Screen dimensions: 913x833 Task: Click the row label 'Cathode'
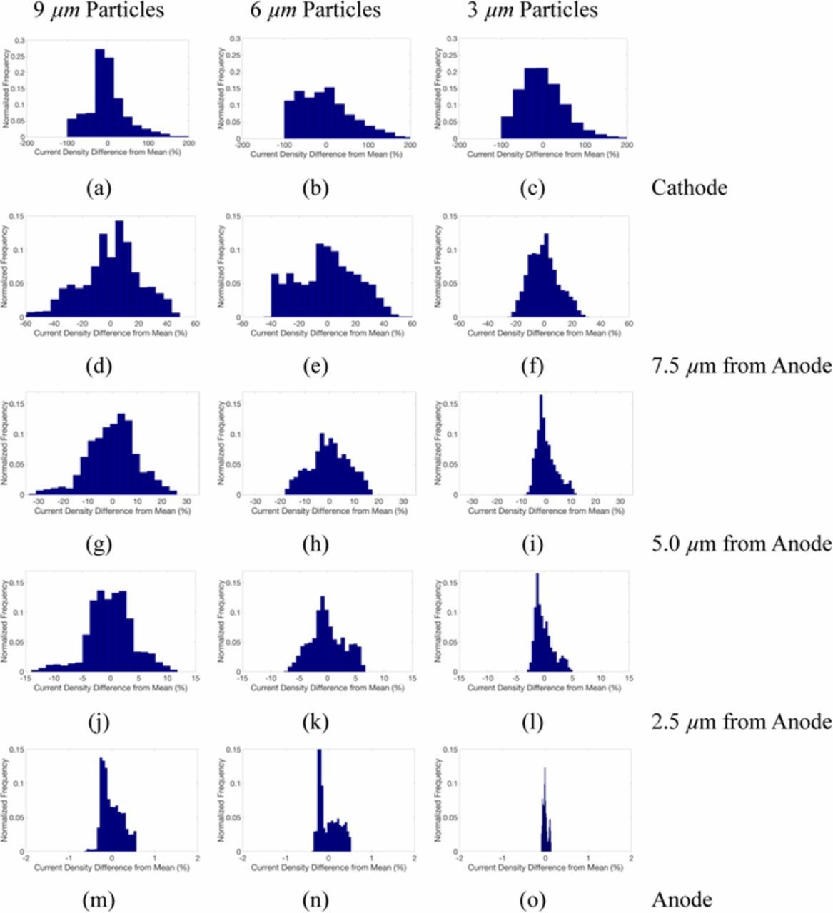(689, 188)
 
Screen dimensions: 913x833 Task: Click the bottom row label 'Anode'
(682, 899)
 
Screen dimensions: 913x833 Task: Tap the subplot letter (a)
(99, 188)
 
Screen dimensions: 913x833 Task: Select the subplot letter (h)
(315, 545)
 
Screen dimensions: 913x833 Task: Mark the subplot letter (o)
(532, 900)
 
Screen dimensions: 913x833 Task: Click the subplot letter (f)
(532, 367)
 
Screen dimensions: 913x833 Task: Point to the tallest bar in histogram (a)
(100, 93)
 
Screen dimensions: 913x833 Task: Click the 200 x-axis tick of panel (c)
(626, 145)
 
